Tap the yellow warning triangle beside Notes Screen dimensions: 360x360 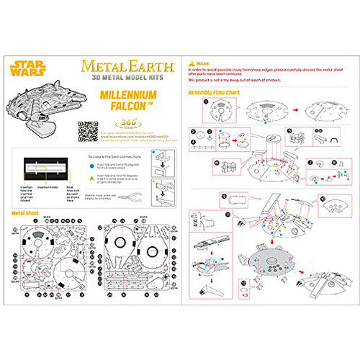click(190, 64)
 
